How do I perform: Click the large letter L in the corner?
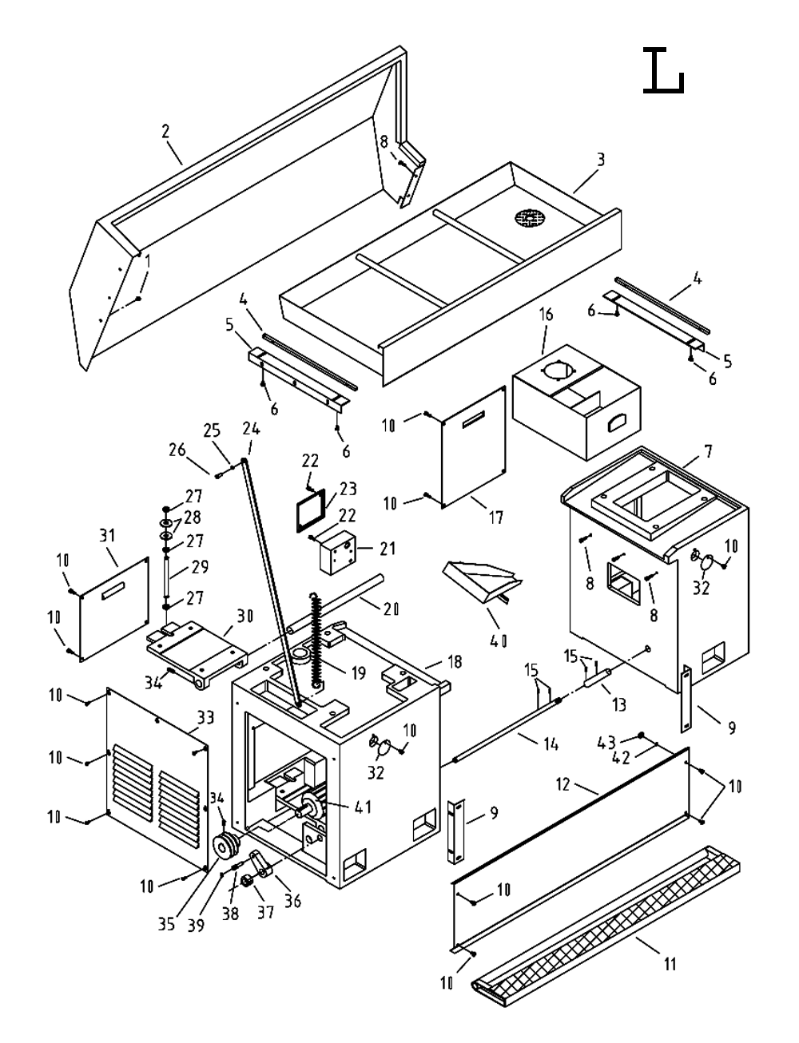click(x=663, y=71)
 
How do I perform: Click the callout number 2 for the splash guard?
click(x=165, y=132)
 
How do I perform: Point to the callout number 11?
click(x=670, y=965)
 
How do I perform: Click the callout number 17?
click(x=495, y=518)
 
